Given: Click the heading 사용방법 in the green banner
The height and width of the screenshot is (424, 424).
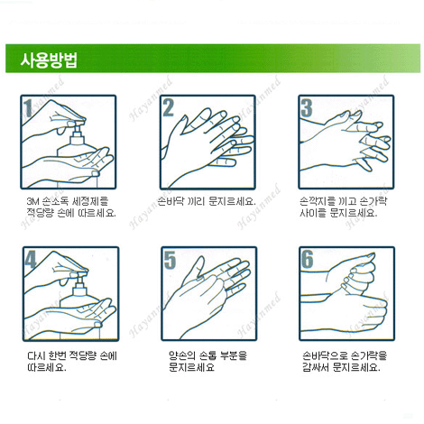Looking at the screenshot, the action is coord(49,60).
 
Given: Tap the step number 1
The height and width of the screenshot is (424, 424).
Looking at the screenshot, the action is coord(29,108).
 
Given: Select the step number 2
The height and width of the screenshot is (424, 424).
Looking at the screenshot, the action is coord(168,107).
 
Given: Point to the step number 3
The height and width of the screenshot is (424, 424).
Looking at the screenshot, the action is coord(307,108).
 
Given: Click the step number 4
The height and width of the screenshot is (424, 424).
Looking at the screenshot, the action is coord(31,259).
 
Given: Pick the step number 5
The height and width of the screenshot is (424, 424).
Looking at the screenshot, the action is coord(170,260).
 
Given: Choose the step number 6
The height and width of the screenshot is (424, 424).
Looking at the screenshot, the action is coord(308,259).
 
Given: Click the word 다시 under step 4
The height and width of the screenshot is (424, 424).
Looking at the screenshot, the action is coord(36,355).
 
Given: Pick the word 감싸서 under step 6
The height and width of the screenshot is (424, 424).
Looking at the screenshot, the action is coord(316,367).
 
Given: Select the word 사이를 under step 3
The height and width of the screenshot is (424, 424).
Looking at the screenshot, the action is coord(313,213).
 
